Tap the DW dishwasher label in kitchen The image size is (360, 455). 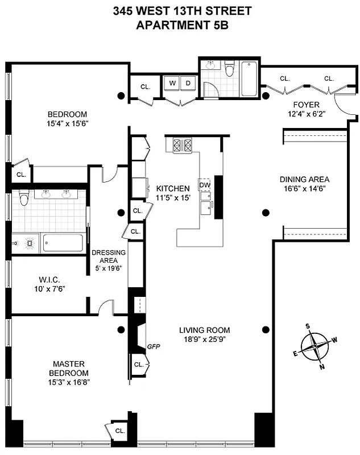tap(204, 185)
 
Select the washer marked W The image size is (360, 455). tap(172, 84)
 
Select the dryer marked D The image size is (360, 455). tap(189, 84)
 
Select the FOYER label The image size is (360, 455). tap(306, 105)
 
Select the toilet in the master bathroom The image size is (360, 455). tap(23, 199)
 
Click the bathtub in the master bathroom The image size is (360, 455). tap(63, 243)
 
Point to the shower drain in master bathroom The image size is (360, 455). tap(26, 243)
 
